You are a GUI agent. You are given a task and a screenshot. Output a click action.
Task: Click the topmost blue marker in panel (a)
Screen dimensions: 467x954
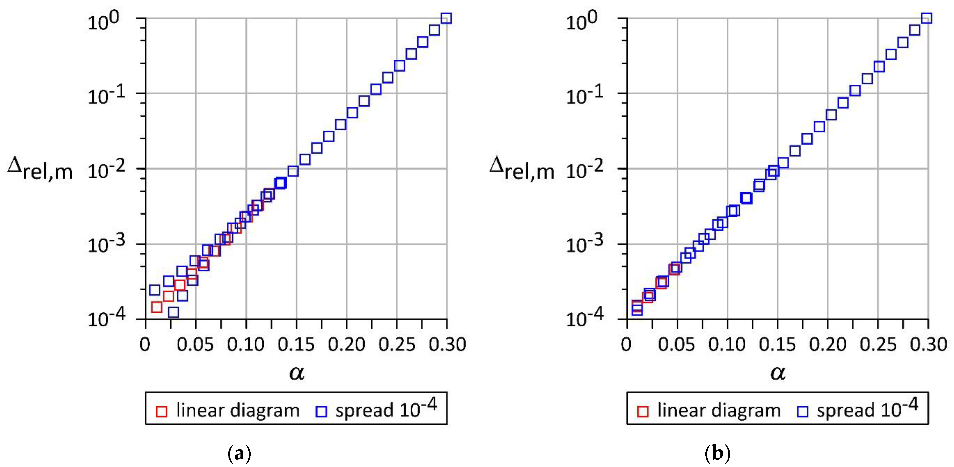446,18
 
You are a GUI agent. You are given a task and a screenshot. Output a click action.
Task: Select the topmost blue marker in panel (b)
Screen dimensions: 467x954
927,18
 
